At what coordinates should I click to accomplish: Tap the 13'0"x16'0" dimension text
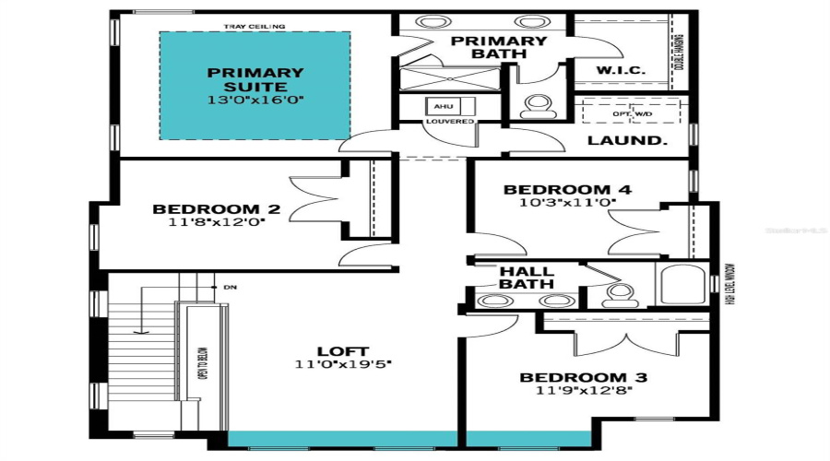coord(255,100)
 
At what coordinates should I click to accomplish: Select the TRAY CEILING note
coord(254,27)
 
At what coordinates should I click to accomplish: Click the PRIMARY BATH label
coord(498,48)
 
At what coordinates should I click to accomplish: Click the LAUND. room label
coord(628,142)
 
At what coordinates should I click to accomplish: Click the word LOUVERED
coord(450,122)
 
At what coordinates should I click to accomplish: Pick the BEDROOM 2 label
coord(216,209)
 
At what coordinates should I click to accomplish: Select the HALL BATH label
coord(527,278)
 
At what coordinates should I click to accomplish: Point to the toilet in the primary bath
coord(536,106)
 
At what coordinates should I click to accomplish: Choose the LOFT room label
coord(343,350)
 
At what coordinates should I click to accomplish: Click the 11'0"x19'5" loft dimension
coord(343,364)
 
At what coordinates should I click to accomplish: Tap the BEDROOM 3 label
coord(583,377)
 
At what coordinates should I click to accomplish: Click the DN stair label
coord(230,288)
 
